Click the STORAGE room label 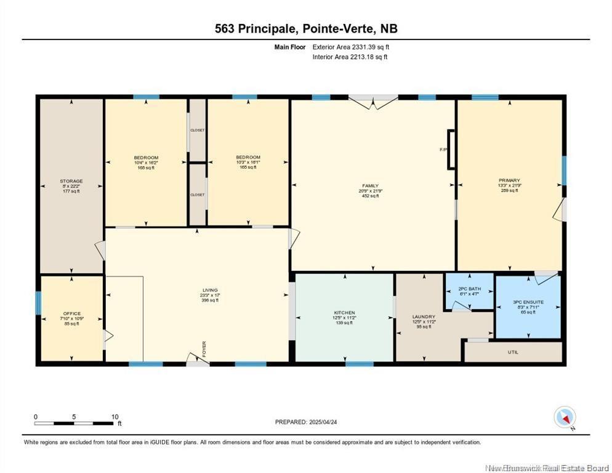pos(71,181)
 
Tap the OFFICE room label pos(72,313)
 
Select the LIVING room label pos(210,290)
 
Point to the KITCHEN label pos(344,313)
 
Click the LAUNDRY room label pos(424,317)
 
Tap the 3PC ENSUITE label pos(528,302)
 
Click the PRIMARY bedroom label pos(509,180)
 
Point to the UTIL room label pos(513,353)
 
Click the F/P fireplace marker pos(443,149)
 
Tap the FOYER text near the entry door pos(204,348)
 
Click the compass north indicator pos(565,418)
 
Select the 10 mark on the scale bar pos(115,417)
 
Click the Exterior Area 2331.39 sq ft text pos(351,47)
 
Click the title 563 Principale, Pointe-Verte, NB pos(305,28)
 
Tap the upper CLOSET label pos(197,131)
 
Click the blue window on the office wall pos(38,302)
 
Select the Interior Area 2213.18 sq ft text pos(350,57)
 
